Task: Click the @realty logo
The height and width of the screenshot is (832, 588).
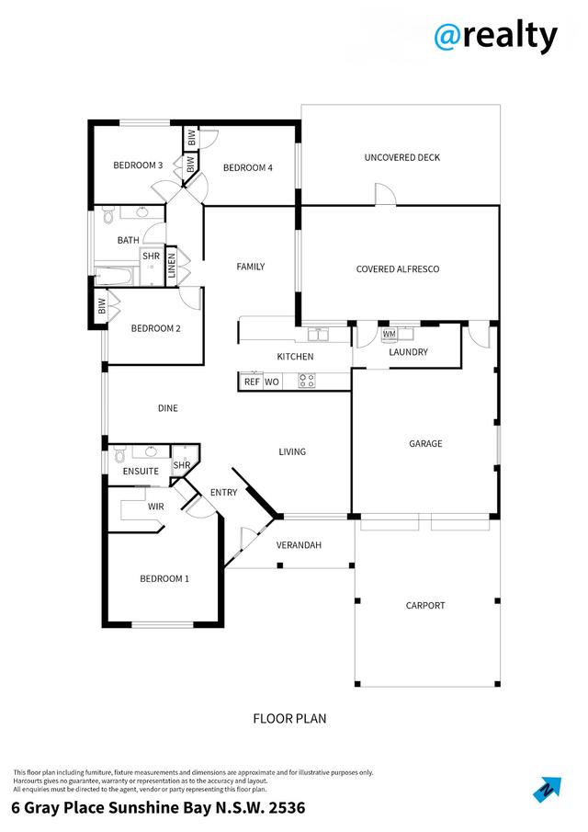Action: tap(495, 36)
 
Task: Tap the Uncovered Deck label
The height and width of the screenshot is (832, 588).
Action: tap(401, 157)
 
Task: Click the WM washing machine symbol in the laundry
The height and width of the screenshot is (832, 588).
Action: tap(389, 334)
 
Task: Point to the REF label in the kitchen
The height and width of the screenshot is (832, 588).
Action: tap(251, 382)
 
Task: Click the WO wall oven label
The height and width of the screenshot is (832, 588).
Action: tap(272, 382)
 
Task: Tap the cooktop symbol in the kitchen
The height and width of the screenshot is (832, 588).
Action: tap(307, 380)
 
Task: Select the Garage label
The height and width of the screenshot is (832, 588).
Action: tap(425, 443)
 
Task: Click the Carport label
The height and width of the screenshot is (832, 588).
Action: tap(425, 605)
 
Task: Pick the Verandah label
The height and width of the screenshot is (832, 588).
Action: tap(300, 545)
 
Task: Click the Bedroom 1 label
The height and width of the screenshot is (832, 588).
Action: tap(164, 578)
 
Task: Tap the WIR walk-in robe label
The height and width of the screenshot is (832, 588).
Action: tap(155, 507)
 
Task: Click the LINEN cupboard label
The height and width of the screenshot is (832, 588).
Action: tap(171, 267)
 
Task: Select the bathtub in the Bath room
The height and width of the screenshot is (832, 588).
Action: tap(116, 275)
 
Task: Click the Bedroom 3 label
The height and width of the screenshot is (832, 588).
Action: tap(138, 165)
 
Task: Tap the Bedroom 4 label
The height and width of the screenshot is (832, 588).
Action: tap(247, 167)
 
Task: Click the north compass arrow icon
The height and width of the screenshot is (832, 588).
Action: tap(547, 789)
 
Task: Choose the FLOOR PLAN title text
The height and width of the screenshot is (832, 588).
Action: tap(289, 719)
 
